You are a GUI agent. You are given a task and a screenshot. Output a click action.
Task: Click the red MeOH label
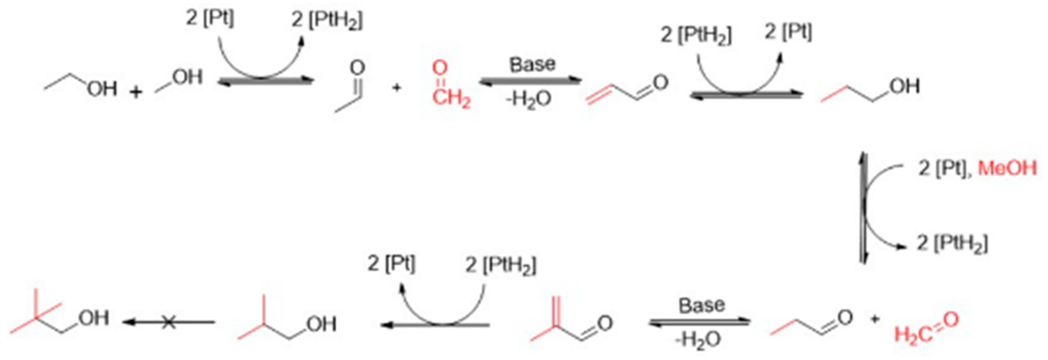[x=1007, y=169]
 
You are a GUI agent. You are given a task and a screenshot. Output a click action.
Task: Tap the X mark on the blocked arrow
[x=169, y=322]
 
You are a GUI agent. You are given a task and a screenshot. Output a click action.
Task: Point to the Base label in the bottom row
[x=701, y=305]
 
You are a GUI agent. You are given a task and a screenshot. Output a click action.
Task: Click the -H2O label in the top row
[x=528, y=100]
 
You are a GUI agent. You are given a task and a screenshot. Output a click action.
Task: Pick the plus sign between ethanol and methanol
[x=135, y=91]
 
